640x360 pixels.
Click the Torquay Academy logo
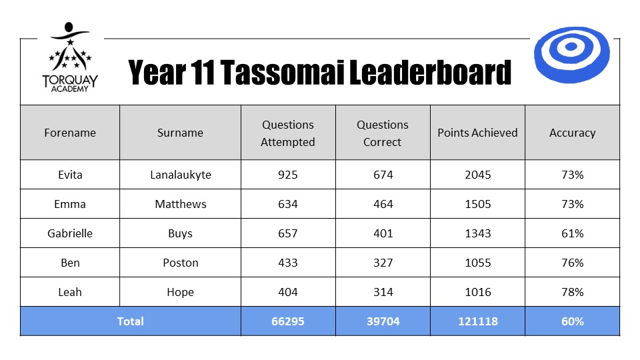tap(70, 57)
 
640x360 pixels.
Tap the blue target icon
tap(572, 55)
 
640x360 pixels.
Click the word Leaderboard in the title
tap(430, 72)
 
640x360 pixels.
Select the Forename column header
tap(70, 133)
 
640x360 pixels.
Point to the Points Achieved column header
tap(477, 133)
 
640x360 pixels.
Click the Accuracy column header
tap(572, 133)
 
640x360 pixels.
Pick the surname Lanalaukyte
tap(181, 175)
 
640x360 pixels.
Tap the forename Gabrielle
tap(70, 233)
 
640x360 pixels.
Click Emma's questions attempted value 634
tap(288, 204)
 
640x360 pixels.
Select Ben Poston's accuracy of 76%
tap(572, 263)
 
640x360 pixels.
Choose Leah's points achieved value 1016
tap(477, 292)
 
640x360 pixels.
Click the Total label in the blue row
tap(130, 321)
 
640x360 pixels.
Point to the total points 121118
tap(477, 321)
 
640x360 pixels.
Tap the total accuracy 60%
tap(572, 321)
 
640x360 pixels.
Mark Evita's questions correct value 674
tap(383, 175)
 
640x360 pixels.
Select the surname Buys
tap(181, 233)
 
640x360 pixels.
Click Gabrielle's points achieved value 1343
tap(477, 233)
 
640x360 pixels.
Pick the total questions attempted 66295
tap(288, 321)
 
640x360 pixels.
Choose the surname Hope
tap(181, 292)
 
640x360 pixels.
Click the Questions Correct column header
tap(383, 133)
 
